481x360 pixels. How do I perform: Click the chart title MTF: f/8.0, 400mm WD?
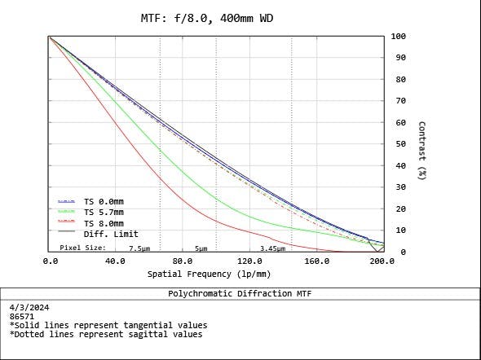pyautogui.click(x=215, y=18)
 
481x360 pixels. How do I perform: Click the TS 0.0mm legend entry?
pyautogui.click(x=104, y=201)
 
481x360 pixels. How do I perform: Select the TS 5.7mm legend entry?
pyautogui.click(x=104, y=212)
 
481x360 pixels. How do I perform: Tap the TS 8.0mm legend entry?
pyautogui.click(x=104, y=223)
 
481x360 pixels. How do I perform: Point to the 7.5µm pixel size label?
pyautogui.click(x=139, y=248)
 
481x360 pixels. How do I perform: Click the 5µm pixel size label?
pyautogui.click(x=201, y=248)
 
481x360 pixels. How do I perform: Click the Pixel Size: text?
pyautogui.click(x=83, y=248)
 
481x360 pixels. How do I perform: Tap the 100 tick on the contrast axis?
pyautogui.click(x=399, y=37)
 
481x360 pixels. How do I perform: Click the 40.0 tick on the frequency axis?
pyautogui.click(x=116, y=261)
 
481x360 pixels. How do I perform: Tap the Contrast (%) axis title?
pyautogui.click(x=421, y=151)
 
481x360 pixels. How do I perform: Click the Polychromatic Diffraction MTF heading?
pyautogui.click(x=240, y=293)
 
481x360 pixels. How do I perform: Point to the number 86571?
pyautogui.click(x=23, y=316)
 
